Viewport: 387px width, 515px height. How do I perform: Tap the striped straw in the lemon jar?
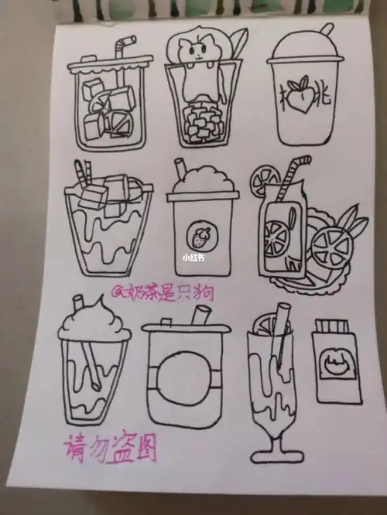coord(291,176)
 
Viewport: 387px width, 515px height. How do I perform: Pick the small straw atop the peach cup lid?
coord(327,29)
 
